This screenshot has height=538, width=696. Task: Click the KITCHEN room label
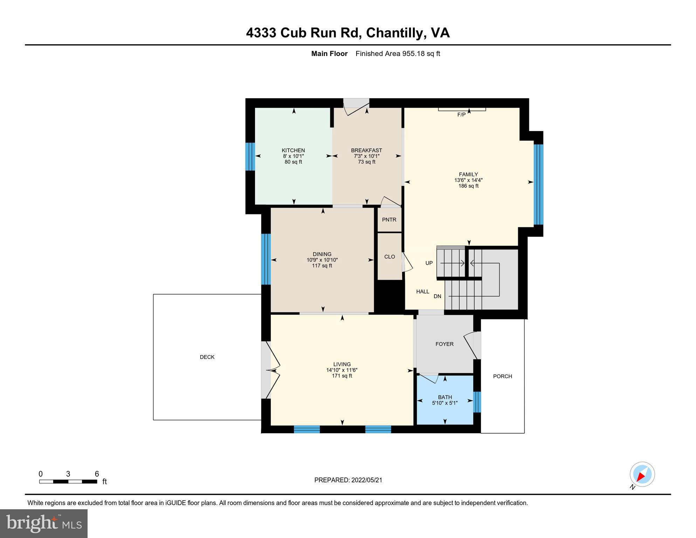(293, 150)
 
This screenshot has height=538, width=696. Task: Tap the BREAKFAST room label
(366, 150)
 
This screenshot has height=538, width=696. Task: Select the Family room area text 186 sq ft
(468, 186)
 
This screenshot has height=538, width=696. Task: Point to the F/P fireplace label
(461, 115)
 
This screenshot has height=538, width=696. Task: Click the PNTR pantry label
(389, 220)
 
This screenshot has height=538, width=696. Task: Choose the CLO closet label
(390, 257)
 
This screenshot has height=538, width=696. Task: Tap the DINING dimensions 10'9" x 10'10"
(322, 260)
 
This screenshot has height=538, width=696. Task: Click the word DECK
(207, 357)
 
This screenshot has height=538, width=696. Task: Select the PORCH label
(502, 376)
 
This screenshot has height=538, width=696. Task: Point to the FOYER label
(445, 344)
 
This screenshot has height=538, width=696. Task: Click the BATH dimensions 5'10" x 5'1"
(445, 403)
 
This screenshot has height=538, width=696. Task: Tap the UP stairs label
(429, 263)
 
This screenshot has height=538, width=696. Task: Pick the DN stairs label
(437, 296)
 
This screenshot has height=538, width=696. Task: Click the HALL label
(423, 291)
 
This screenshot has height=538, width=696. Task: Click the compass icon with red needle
(642, 475)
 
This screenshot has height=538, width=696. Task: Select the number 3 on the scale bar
(68, 474)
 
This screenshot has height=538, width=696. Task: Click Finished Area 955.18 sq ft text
(398, 54)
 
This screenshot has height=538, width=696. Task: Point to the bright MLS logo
(44, 523)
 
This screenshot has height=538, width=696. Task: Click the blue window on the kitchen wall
(250, 156)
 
